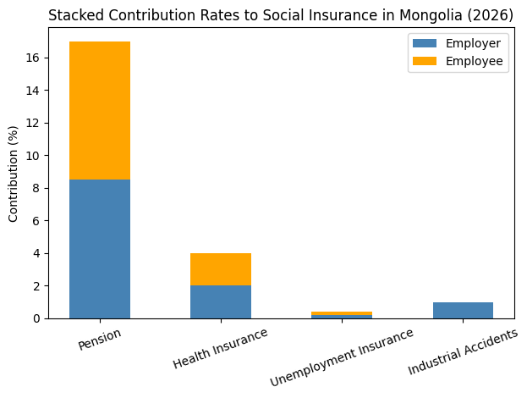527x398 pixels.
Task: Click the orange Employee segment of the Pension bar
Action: [100, 110]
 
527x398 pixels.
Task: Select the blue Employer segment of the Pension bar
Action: [100, 249]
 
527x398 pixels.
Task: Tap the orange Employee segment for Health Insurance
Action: [221, 269]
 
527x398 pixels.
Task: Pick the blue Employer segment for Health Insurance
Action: [221, 302]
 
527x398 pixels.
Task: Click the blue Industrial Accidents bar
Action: [463, 311]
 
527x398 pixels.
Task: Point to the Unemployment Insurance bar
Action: [342, 315]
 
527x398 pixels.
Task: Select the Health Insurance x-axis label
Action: [220, 347]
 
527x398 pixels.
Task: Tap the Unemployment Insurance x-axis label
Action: [342, 357]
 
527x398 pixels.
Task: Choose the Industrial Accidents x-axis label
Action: [463, 352]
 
